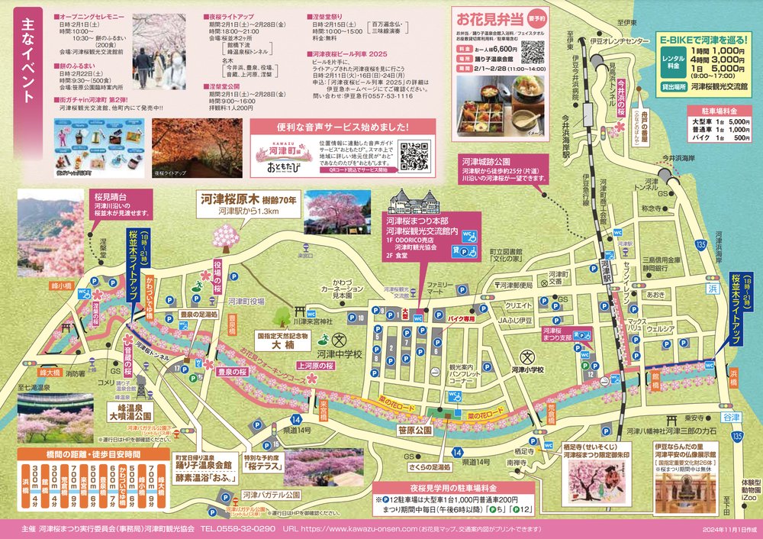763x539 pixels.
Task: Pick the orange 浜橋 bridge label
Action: tap(733, 373)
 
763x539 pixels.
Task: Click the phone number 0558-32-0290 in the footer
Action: tap(237, 528)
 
